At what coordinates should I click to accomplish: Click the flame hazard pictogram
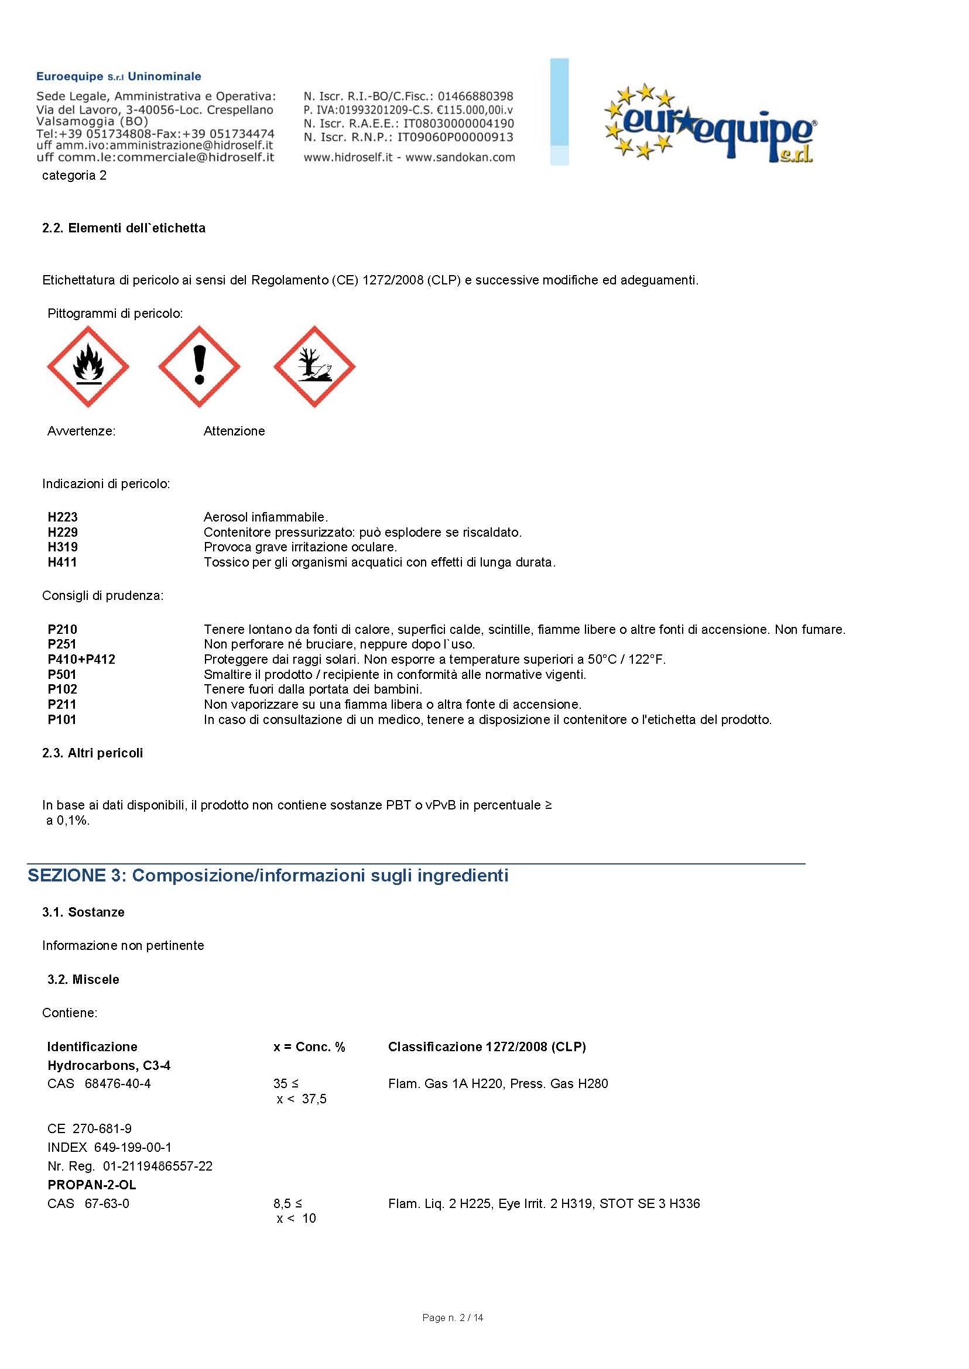88,366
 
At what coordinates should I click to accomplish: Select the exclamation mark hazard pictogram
199,366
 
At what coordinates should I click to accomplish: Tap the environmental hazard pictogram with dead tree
314,366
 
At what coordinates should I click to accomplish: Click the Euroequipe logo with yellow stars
710,125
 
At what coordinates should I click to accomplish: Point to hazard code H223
63,517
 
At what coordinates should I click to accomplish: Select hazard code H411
63,562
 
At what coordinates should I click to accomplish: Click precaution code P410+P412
82,659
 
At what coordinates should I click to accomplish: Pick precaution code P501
62,675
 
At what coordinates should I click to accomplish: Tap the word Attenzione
234,431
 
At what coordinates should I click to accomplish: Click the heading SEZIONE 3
268,876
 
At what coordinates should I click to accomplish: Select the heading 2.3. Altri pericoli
93,753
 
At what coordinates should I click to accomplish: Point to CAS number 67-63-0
107,1203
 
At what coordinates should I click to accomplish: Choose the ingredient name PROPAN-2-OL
92,1185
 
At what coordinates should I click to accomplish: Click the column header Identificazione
93,1047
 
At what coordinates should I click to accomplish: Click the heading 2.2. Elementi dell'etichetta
124,228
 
